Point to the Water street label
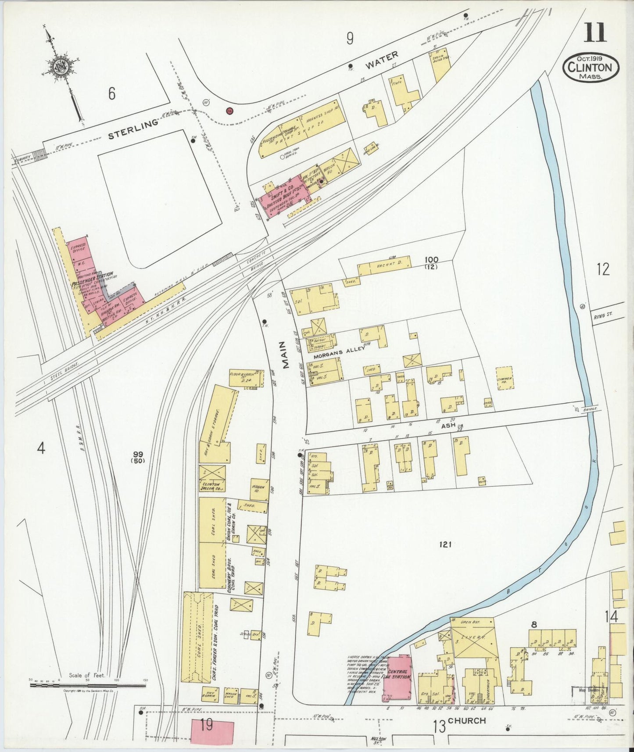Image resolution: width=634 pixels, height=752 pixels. coord(382,61)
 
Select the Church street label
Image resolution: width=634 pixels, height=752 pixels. coord(467,720)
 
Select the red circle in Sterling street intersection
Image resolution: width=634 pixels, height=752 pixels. coord(229,111)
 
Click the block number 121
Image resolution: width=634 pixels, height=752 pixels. coord(445,545)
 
